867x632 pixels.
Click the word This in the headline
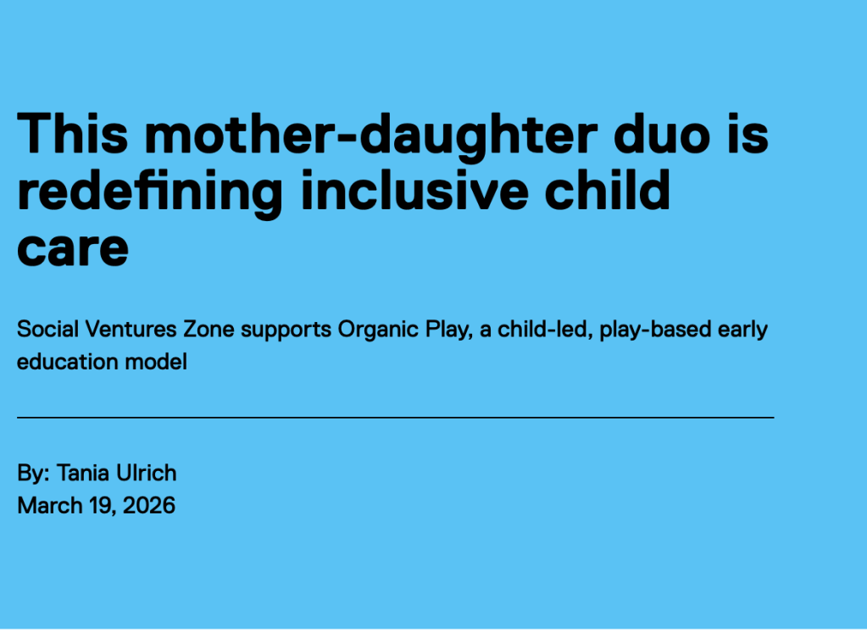coord(72,133)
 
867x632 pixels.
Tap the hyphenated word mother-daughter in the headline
coord(371,136)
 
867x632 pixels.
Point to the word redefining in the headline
coord(150,193)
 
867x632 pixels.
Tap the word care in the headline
coord(73,250)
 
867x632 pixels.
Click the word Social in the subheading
coord(48,329)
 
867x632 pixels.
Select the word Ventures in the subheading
coord(131,329)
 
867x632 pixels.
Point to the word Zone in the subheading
coord(209,329)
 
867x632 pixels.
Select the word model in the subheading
coord(156,362)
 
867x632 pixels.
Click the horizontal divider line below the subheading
coord(395,418)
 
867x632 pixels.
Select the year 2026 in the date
coord(149,506)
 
